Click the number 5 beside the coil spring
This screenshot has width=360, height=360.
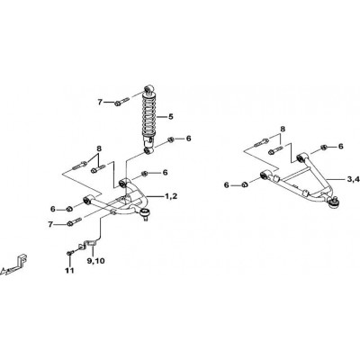coord(170,116)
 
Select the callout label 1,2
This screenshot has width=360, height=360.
coord(171,196)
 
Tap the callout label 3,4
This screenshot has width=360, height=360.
coord(353,179)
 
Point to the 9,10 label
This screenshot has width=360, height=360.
coord(96,261)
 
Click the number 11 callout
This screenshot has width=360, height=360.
coord(69,271)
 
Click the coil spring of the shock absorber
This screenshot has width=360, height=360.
coord(148,115)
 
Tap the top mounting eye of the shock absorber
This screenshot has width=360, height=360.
coord(148,89)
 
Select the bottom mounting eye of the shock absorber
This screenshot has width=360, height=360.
coord(148,150)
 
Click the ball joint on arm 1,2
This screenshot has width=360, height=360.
coord(145,214)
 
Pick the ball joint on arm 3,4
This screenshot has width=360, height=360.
coord(335,202)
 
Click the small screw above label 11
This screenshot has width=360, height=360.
coord(69,253)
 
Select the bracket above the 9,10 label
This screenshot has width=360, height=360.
coord(88,245)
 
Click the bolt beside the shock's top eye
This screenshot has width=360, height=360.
coord(121,102)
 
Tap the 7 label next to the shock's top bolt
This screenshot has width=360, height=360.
coord(100,103)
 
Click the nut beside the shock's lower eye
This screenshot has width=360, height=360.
coord(170,139)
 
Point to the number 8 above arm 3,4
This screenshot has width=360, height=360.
coord(283,129)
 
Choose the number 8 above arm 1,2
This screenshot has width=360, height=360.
coord(99,148)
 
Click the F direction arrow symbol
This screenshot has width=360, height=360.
coord(14,265)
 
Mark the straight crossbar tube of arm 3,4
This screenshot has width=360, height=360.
coord(296,176)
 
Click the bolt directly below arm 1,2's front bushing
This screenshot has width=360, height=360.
coord(75,222)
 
